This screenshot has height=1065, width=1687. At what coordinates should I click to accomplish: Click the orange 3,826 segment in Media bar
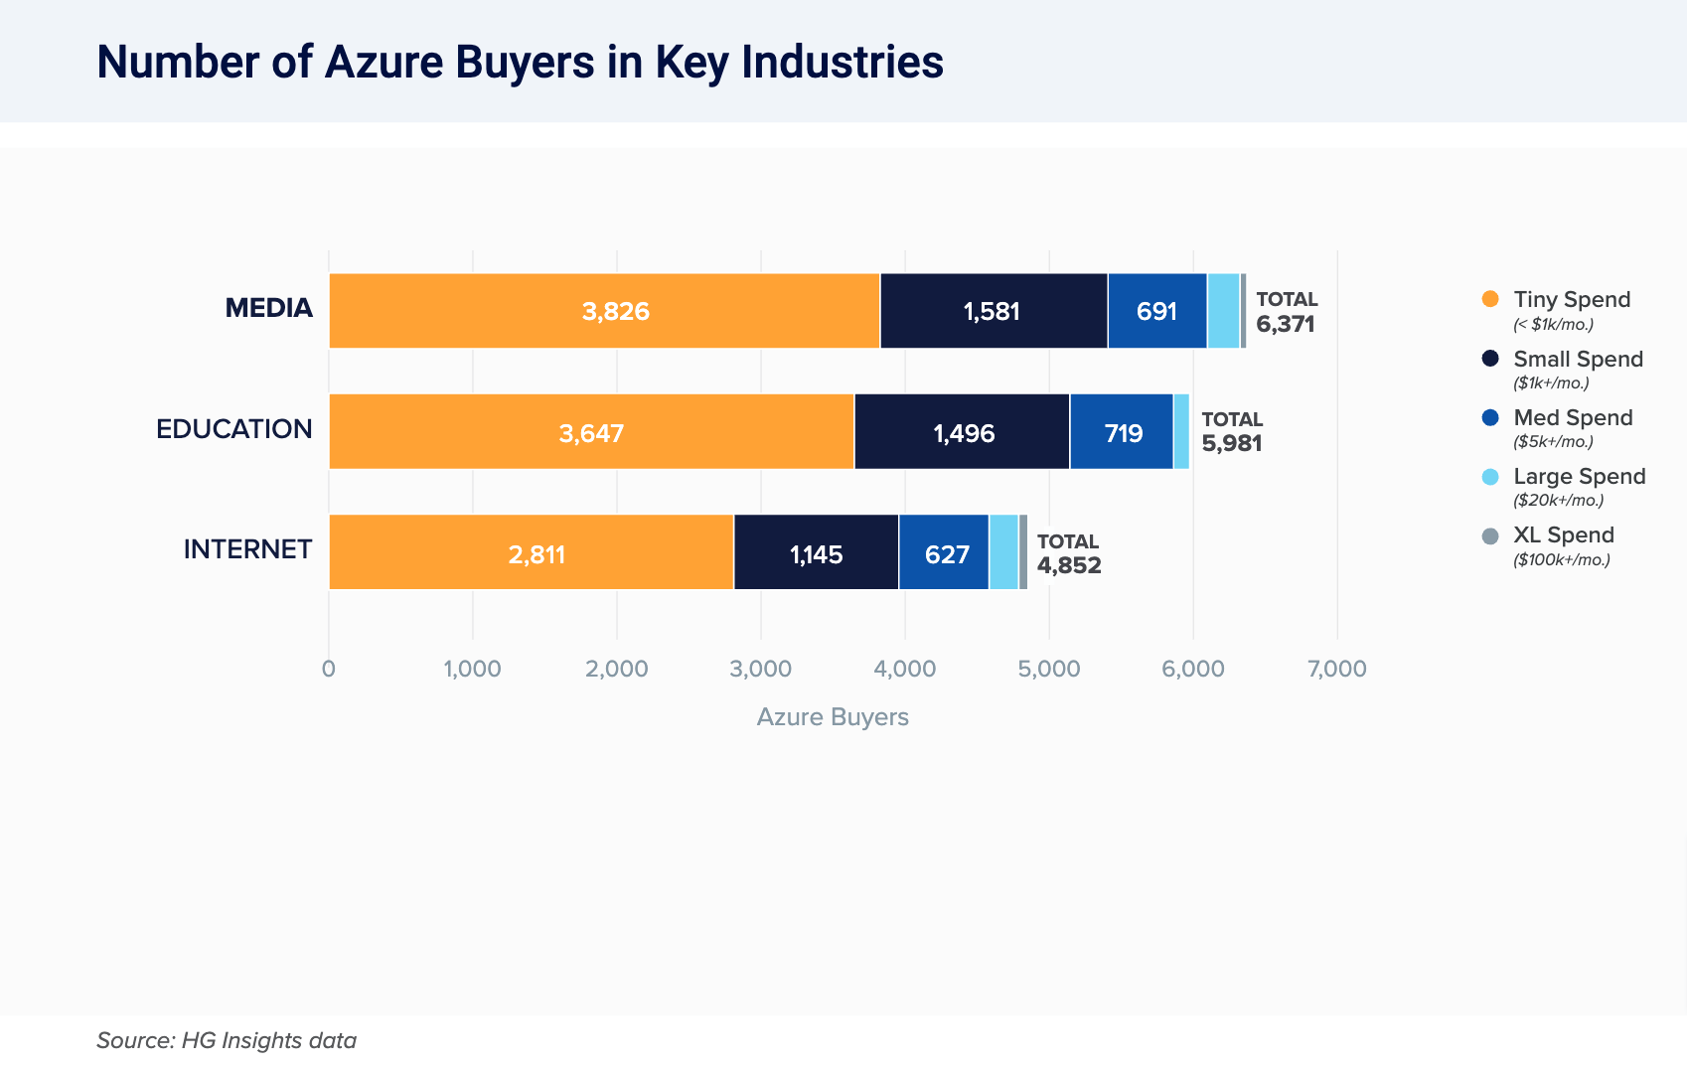(604, 311)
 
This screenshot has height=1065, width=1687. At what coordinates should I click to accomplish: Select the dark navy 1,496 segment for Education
(962, 432)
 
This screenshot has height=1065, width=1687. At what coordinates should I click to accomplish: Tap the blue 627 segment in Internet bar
(944, 553)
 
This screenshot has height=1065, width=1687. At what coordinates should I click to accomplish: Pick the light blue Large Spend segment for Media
(1223, 311)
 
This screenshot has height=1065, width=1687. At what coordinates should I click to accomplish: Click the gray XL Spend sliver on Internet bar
(1023, 552)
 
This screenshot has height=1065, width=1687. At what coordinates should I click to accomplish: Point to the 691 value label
(1156, 312)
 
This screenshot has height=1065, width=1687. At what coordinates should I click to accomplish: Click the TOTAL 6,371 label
(1286, 312)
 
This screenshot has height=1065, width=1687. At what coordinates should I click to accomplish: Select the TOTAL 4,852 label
(1068, 553)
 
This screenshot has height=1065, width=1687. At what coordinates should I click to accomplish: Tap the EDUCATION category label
(234, 429)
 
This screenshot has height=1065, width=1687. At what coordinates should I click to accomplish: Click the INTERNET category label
(247, 549)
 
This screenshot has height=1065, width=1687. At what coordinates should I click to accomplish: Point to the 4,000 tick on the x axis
(904, 669)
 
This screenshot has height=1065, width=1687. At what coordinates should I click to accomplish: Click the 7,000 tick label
(1336, 669)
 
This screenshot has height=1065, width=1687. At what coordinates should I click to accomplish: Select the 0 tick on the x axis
(329, 669)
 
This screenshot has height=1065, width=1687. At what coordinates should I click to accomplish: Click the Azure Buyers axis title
(833, 717)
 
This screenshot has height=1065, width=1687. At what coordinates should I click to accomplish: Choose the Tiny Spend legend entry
(1571, 300)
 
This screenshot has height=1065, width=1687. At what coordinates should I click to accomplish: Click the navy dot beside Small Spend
(1490, 359)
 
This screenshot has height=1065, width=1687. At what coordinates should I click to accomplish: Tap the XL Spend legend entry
(1563, 535)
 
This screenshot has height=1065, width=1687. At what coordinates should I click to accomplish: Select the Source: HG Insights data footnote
(227, 1040)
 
